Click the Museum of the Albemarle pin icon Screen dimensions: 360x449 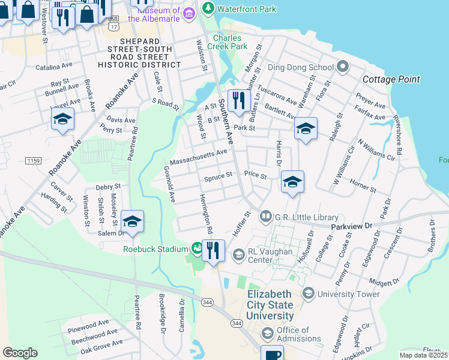pos(189,13)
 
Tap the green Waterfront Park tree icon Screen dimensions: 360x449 pos(208,8)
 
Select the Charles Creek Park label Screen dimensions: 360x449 pos(227,41)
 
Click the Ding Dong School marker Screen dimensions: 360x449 pos(343,66)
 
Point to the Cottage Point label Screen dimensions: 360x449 pos(391,79)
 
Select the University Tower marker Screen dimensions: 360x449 pos(309,293)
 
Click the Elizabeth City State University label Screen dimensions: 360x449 pos(270,305)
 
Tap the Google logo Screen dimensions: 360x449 pos(20,352)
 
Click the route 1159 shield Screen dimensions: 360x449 pos(34,161)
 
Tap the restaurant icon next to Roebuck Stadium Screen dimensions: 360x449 pos(213,250)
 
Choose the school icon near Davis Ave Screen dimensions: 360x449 pos(62,119)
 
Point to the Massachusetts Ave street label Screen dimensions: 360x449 pos(199,157)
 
